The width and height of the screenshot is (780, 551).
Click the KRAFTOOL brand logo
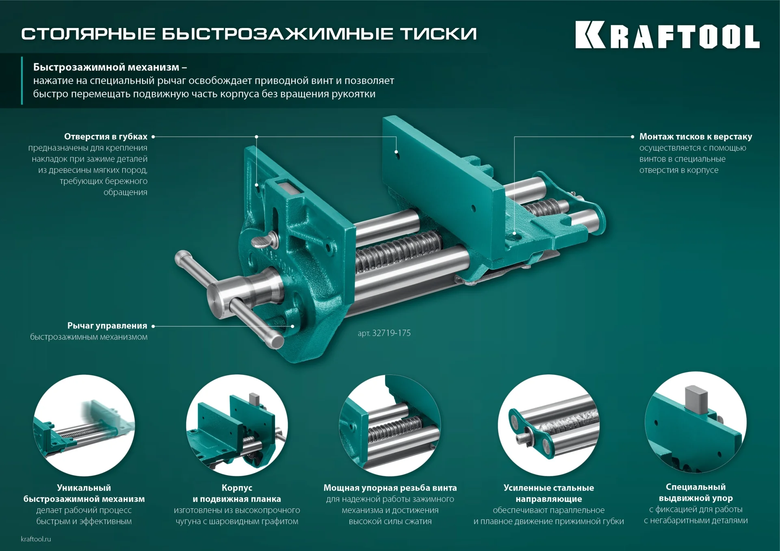[x=667, y=35]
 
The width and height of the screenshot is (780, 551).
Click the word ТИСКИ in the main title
[x=439, y=34]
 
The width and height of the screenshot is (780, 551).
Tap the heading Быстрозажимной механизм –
[x=110, y=67]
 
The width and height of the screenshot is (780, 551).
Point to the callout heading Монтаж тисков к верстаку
[x=695, y=136]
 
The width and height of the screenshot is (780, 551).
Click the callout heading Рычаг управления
[x=107, y=326]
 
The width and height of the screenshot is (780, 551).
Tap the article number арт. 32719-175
[x=384, y=333]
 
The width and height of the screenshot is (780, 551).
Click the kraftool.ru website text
[x=36, y=539]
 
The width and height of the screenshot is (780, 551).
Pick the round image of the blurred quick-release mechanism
[x=84, y=425]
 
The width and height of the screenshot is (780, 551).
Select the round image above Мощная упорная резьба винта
[x=390, y=425]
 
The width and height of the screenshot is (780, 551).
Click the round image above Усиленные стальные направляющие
[x=548, y=425]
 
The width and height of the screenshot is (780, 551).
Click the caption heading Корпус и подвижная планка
[x=237, y=493]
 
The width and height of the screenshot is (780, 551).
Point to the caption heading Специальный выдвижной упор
[x=695, y=493]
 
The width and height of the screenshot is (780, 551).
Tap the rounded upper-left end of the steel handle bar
[x=181, y=257]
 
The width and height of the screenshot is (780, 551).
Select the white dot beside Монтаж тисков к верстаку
[x=633, y=137]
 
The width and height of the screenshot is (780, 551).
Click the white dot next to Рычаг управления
[x=153, y=326]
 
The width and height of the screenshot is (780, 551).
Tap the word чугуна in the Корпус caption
[x=188, y=521]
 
